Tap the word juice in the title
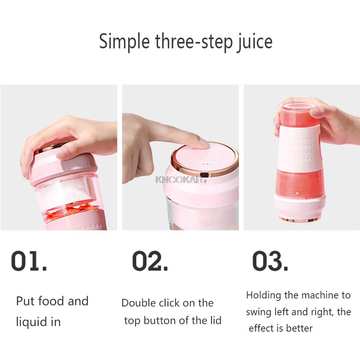255,42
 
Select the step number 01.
29,261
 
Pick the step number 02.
150,261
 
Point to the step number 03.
270,261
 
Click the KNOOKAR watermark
179,179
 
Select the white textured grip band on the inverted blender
299,147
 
